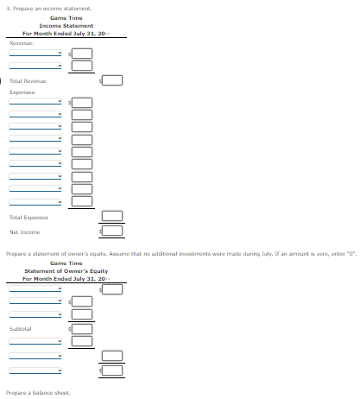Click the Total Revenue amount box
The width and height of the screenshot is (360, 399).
point(114,81)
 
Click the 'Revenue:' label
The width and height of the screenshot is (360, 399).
point(22,41)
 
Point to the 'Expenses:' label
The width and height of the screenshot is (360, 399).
point(22,92)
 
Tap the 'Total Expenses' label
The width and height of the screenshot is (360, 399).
point(28,218)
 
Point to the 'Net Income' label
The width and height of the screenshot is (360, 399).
point(24,231)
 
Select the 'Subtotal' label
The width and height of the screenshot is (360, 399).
point(21,328)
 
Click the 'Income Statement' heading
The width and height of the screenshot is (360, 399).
point(66,26)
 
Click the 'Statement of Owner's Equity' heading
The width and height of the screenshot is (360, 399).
point(66,271)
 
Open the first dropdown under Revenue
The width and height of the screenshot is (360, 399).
point(35,52)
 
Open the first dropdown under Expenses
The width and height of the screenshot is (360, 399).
point(35,102)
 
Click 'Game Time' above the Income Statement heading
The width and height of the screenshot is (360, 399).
point(66,18)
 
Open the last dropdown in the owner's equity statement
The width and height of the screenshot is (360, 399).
point(35,370)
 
